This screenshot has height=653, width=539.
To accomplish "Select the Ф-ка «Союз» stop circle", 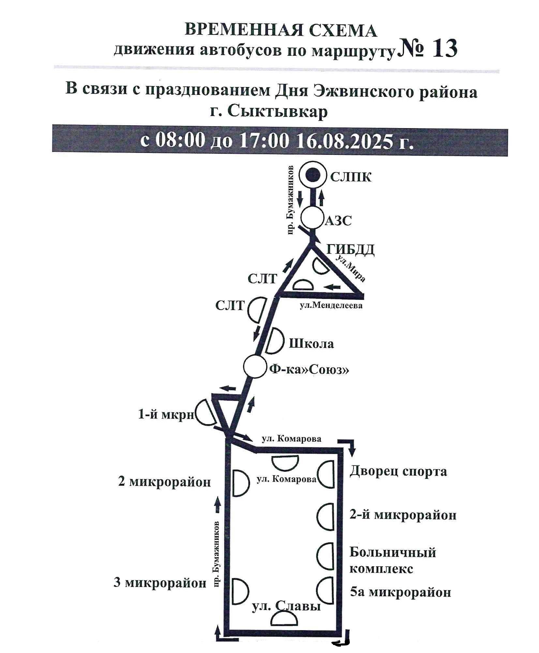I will pyautogui.click(x=255, y=367).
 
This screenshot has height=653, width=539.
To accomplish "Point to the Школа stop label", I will pyautogui.click(x=311, y=344).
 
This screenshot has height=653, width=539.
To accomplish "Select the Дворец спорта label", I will pyautogui.click(x=398, y=471).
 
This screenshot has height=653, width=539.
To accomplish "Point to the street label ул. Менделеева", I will pyautogui.click(x=331, y=305).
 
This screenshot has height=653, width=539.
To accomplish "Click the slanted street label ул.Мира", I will pyautogui.click(x=355, y=268).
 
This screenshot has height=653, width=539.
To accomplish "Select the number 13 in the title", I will pyautogui.click(x=444, y=49).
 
